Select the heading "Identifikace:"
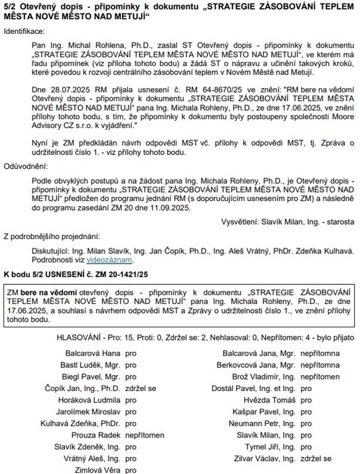pyautogui.click(x=24, y=30)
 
